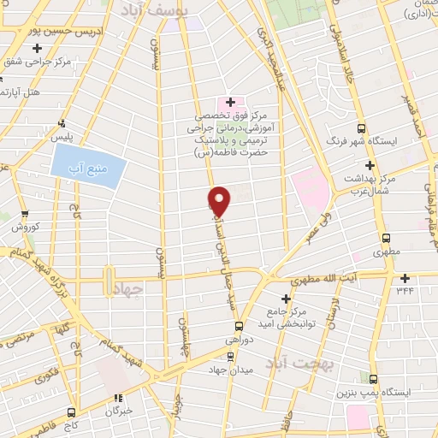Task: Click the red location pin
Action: pos(220,200)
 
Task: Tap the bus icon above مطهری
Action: pos(386,239)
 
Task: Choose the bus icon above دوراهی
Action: pos(239,325)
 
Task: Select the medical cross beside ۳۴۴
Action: pos(404,278)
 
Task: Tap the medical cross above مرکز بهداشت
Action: pos(369,164)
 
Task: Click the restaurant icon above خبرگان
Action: pos(119,396)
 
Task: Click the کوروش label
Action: pos(27,228)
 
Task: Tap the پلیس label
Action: pos(61,136)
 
